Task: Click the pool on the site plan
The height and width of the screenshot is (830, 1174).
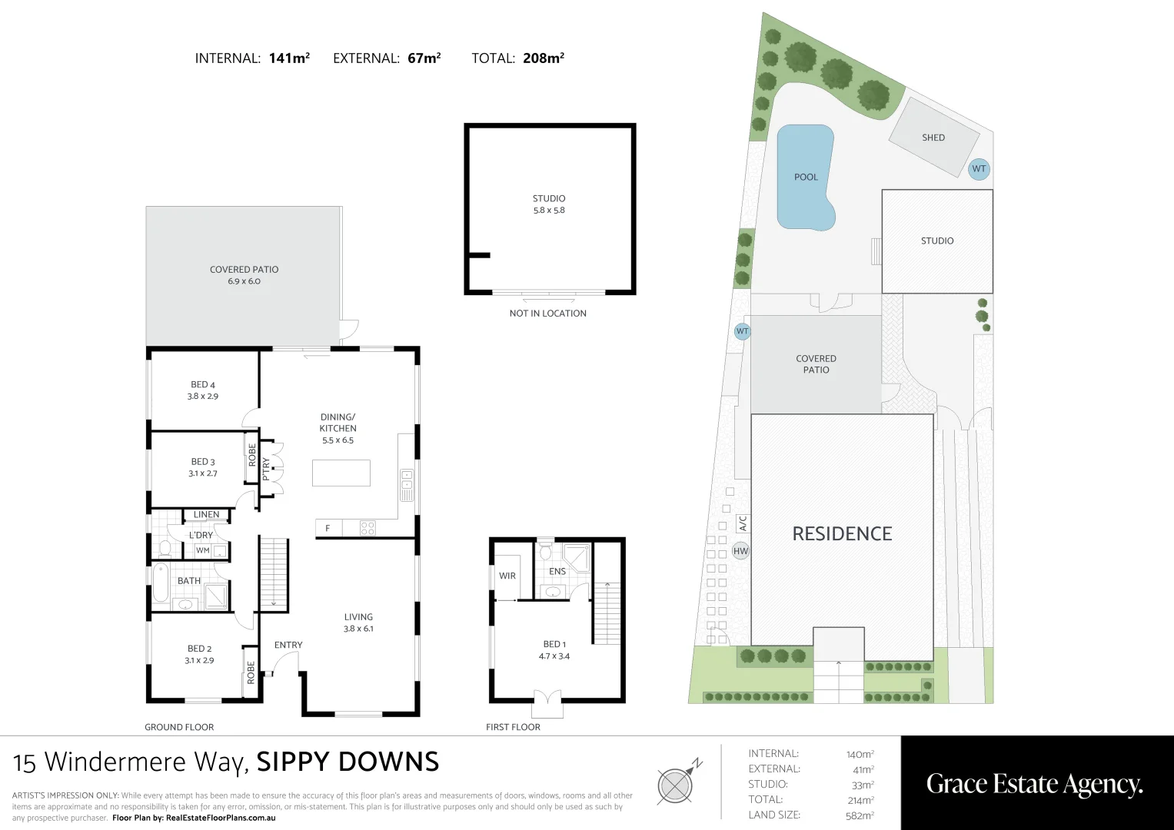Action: pos(805,178)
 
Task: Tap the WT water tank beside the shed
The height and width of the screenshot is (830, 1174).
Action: pos(979,169)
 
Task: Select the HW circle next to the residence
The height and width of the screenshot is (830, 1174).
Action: pos(740,551)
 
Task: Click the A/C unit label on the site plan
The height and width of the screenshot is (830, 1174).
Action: pos(743,524)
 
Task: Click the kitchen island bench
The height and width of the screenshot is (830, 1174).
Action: pos(341,473)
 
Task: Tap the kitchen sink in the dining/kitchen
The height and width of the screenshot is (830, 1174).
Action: pos(407,485)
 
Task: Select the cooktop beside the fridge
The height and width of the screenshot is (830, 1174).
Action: pos(367,528)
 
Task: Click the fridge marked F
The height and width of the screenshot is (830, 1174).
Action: pos(328,528)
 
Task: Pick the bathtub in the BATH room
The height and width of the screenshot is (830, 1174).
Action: pos(161,583)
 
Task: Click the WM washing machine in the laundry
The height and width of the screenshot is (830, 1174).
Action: pos(202,551)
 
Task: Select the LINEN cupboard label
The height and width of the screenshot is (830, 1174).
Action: pos(206,515)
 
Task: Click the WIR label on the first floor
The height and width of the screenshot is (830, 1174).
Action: pos(507,576)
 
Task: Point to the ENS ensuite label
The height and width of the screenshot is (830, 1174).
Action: pos(557,571)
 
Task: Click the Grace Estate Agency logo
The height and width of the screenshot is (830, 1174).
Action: pos(1035,784)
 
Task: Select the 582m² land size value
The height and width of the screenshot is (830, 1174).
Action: pos(860,815)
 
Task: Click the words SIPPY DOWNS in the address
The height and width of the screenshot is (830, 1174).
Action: pos(348,762)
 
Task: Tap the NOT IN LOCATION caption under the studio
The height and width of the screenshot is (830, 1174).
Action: pos(547,314)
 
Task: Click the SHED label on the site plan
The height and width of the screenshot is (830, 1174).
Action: pos(933,138)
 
